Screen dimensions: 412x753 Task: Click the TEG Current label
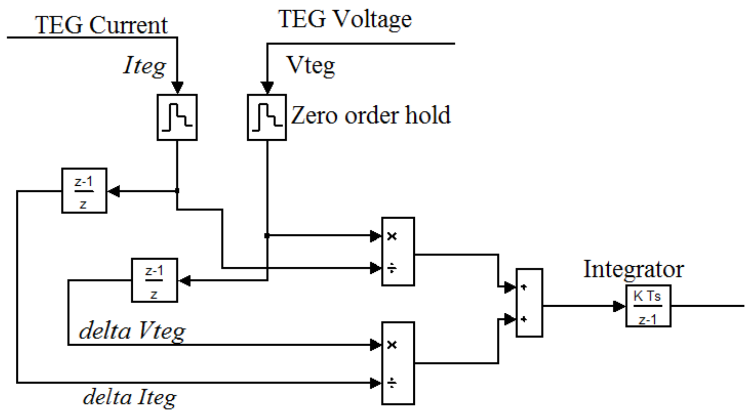click(x=101, y=25)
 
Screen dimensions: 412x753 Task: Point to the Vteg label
click(x=311, y=65)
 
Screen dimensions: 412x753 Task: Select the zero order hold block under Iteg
click(x=177, y=117)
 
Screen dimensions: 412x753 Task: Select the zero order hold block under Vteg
click(x=266, y=117)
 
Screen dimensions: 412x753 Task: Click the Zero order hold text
click(x=371, y=115)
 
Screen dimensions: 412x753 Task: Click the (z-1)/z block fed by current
click(x=84, y=191)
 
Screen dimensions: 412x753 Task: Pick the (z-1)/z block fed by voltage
click(x=154, y=280)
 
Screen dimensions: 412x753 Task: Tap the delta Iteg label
click(x=130, y=397)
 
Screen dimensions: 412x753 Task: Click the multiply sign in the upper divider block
click(x=392, y=236)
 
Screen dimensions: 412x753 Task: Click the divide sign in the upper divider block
click(x=392, y=268)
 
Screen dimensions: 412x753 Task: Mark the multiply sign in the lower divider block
click(x=392, y=345)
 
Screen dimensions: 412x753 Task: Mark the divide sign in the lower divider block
click(x=392, y=383)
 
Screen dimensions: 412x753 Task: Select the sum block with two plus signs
click(x=529, y=303)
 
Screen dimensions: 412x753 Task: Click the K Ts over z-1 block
click(x=648, y=306)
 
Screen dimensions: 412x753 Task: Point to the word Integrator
click(x=633, y=269)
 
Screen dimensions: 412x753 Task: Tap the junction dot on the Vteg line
click(x=267, y=236)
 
